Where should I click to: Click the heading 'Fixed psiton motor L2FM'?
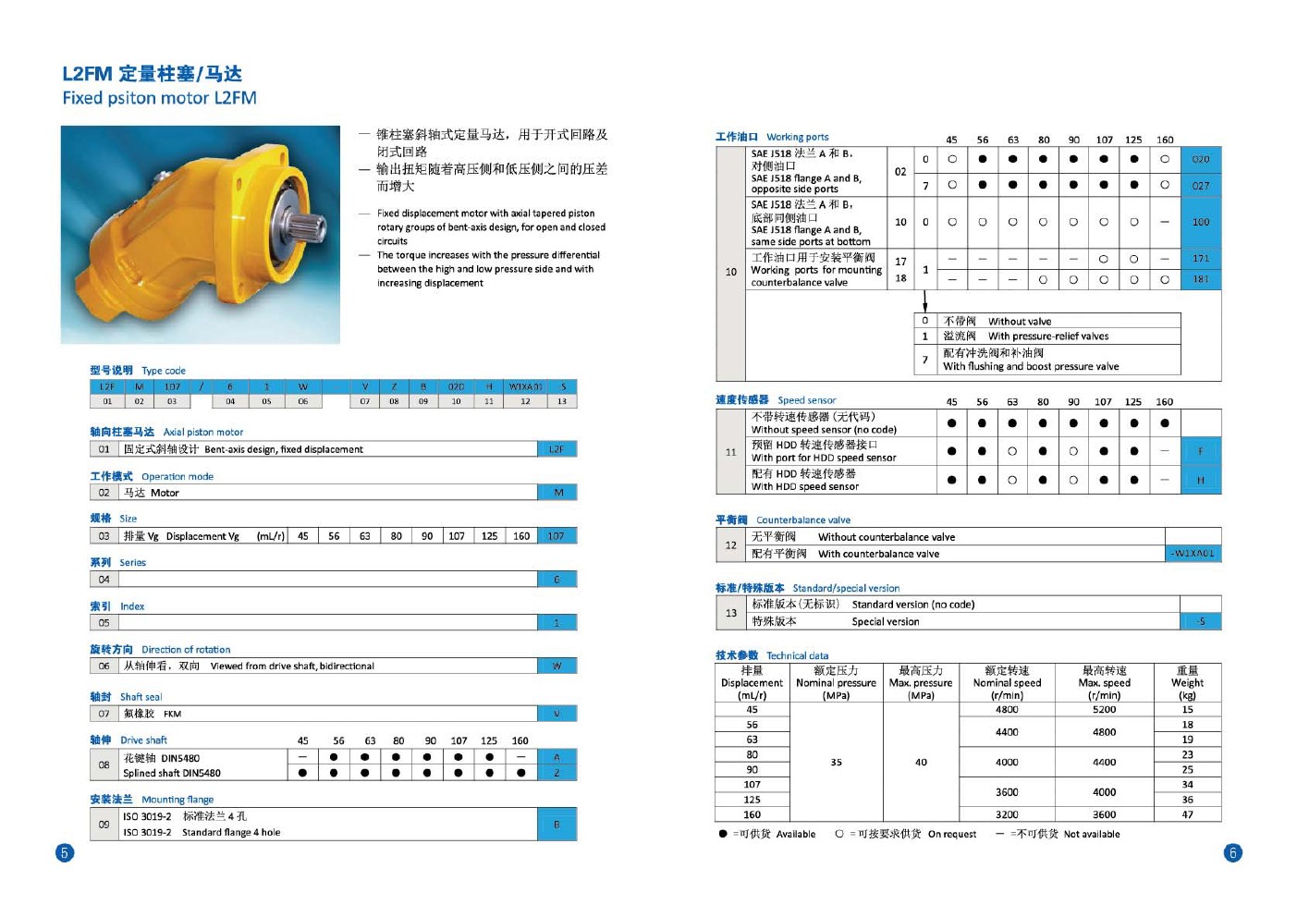(159, 98)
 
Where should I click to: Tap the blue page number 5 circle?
(65, 852)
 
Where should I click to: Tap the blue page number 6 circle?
(1232, 852)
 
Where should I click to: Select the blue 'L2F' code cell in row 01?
(557, 449)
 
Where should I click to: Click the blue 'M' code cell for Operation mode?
(557, 493)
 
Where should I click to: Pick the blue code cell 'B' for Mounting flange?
(557, 824)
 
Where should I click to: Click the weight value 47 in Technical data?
(1187, 814)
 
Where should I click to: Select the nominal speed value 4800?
(1007, 710)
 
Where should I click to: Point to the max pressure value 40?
(921, 763)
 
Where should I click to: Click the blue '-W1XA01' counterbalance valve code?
(1193, 554)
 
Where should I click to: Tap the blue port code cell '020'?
(1200, 159)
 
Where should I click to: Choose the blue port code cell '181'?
(1200, 279)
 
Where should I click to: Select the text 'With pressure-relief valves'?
(1048, 336)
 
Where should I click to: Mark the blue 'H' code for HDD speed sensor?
(1200, 480)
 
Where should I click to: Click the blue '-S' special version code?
(1200, 621)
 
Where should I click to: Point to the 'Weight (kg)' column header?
(1187, 683)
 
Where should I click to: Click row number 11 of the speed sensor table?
(730, 452)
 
